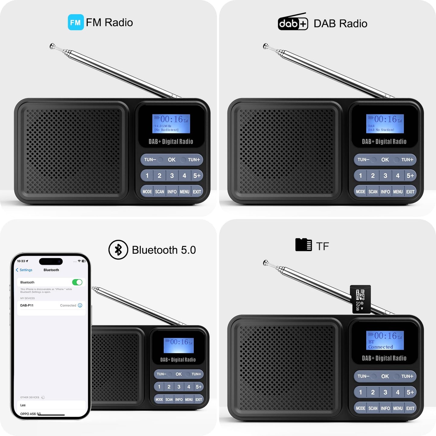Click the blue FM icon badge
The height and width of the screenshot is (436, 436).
pos(75,22)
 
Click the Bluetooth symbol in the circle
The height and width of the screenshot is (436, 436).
pos(118,250)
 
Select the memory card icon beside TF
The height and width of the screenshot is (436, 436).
pos(303,245)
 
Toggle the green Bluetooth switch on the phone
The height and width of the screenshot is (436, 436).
pos(77,282)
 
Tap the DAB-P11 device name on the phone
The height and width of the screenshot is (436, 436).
pos(27,305)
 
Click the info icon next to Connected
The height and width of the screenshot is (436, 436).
pos(80,305)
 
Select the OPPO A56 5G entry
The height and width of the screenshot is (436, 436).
pos(30,414)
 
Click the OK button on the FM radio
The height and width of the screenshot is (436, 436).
pos(172,160)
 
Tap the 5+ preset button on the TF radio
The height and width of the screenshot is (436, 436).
pos(410,392)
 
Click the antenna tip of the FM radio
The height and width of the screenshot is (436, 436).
pos(53,46)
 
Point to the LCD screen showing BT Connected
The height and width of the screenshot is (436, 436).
pos(385,340)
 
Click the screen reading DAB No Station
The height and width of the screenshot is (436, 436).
pos(385,124)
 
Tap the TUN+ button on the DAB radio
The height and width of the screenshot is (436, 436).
pos(407,160)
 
